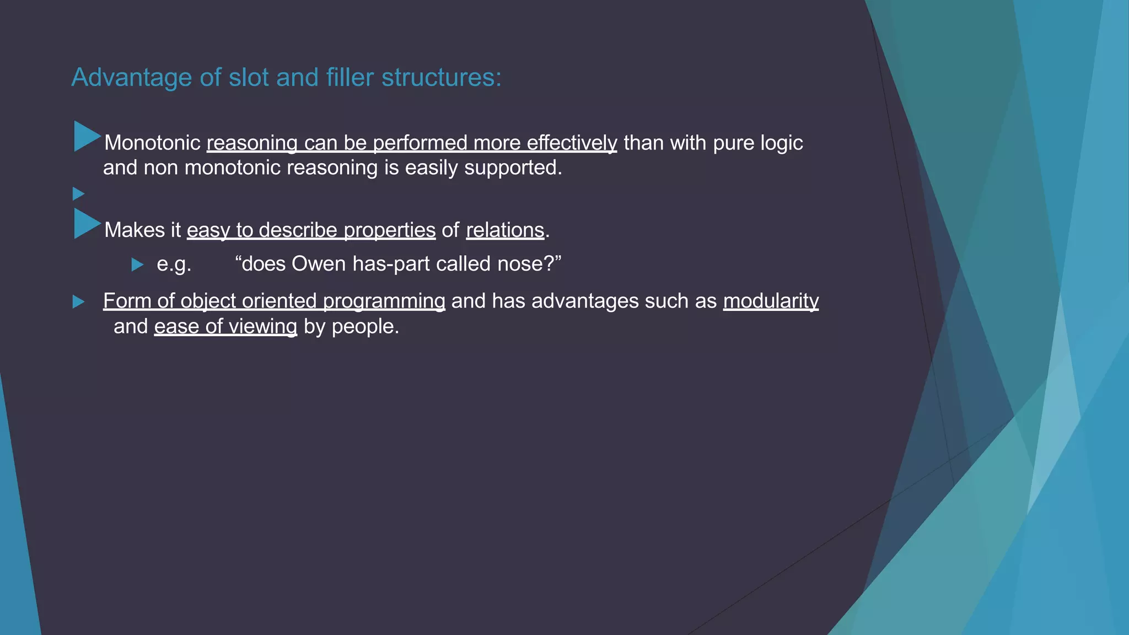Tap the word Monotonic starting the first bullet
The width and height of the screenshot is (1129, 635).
tap(152, 143)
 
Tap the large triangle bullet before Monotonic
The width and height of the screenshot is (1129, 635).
tap(85, 136)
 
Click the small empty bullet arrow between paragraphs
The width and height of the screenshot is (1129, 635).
tap(78, 193)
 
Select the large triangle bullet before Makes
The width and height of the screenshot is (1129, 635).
tap(85, 223)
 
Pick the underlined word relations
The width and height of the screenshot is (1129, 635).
tap(505, 230)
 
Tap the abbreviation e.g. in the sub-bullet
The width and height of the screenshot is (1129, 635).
tap(174, 264)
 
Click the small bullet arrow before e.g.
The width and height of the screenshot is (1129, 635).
tap(137, 265)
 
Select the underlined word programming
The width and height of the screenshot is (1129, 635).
tap(384, 302)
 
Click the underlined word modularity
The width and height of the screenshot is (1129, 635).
tap(771, 302)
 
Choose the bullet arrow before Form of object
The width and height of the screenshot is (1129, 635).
tap(78, 302)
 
